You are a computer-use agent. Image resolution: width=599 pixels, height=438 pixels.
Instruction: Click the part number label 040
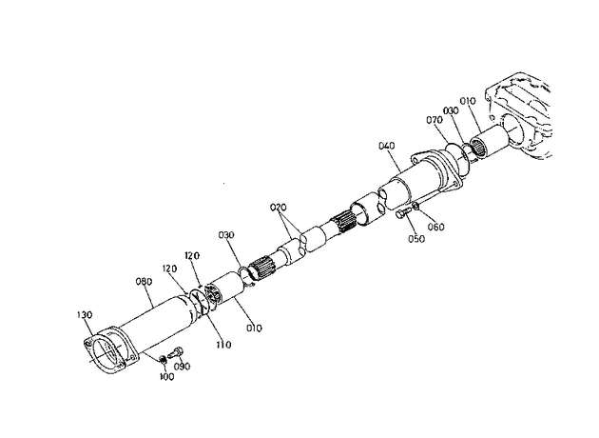coord(387,146)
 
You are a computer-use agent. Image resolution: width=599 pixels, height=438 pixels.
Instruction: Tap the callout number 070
coord(435,120)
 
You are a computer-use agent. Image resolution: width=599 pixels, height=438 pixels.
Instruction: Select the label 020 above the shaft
coord(278,208)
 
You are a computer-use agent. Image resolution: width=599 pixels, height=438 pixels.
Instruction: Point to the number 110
coord(223,345)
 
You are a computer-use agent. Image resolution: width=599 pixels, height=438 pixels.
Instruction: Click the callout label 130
coord(85,315)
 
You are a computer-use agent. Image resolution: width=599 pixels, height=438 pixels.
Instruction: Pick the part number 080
coord(144,282)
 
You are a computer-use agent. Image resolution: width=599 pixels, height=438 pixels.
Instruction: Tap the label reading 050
coord(416,239)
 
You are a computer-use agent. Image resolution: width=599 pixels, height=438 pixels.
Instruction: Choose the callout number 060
coord(435,227)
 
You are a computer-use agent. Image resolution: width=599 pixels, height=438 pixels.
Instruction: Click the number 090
coord(182,367)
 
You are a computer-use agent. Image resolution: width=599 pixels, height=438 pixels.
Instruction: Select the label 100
coord(166,377)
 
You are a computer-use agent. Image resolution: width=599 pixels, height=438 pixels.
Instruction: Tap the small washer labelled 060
coord(416,207)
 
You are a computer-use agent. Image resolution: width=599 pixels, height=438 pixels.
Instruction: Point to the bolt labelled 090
coord(175,352)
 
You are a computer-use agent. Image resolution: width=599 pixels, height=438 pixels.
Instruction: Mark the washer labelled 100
coord(163,359)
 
